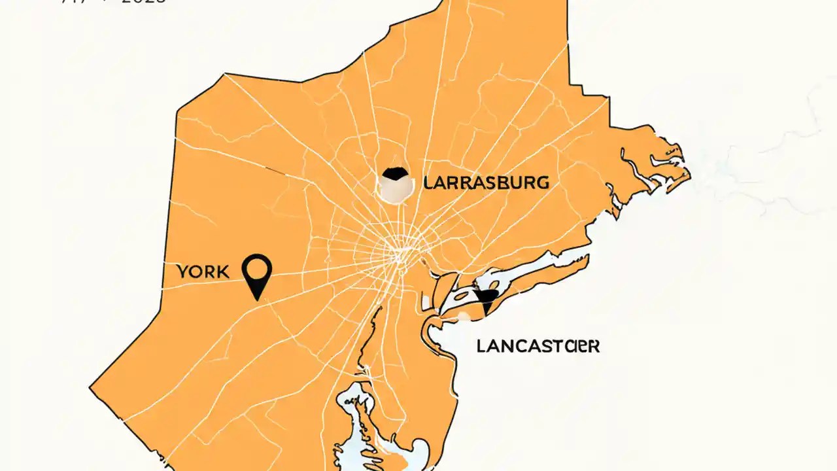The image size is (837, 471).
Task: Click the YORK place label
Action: (203, 271)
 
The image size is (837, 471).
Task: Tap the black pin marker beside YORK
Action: (257, 275)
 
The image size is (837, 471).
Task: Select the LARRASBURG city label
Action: (486, 183)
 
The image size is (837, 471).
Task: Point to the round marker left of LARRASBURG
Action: (396, 184)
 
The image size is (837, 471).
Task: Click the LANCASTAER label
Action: (538, 346)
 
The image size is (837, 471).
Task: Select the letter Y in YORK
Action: (182, 271)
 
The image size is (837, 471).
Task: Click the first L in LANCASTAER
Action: (482, 346)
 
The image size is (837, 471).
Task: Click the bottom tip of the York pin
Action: (258, 299)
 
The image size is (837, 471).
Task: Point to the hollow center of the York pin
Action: (257, 268)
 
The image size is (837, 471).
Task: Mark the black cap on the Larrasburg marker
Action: (395, 174)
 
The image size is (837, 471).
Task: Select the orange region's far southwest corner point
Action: (90, 387)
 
